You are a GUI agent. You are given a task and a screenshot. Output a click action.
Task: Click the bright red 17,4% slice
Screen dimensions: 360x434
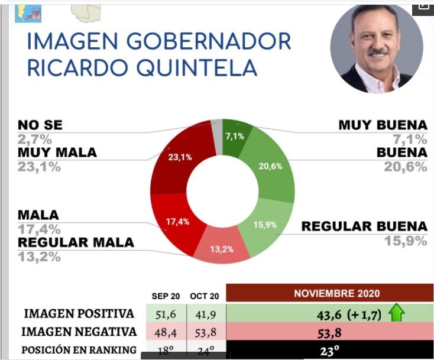click(x=176, y=223)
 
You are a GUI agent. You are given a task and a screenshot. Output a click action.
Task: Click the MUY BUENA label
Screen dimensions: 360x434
click(x=382, y=125)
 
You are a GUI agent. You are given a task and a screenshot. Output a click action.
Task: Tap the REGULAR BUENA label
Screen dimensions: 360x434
click(x=364, y=226)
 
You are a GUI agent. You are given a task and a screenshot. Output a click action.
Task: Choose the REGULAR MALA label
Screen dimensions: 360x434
click(x=76, y=242)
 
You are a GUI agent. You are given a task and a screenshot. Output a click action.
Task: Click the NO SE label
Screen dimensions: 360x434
click(x=40, y=125)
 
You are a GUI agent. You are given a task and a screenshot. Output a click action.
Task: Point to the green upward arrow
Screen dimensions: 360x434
click(x=396, y=314)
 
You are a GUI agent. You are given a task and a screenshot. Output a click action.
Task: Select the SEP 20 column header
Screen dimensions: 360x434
click(x=166, y=296)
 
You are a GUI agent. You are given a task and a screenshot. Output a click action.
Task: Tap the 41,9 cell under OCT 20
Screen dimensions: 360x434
click(x=205, y=313)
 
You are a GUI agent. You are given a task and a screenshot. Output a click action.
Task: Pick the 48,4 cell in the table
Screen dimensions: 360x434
click(x=166, y=332)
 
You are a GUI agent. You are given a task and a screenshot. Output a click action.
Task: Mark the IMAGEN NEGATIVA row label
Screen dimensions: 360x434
click(x=79, y=332)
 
